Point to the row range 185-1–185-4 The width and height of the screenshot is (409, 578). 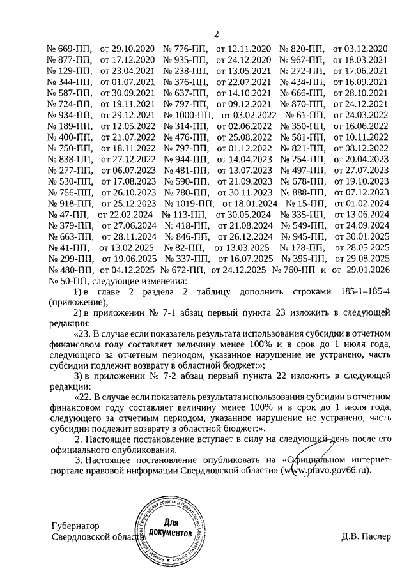[359, 292]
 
